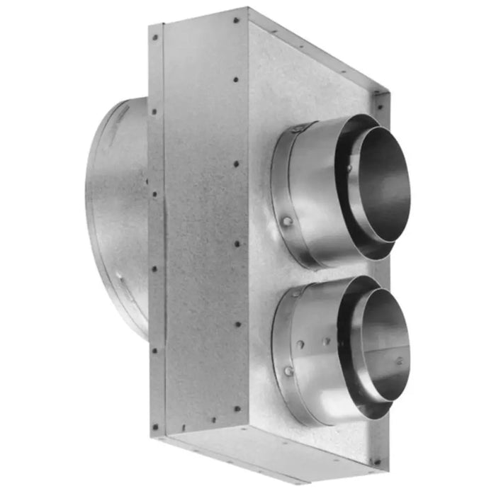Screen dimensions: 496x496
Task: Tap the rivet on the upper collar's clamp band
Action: coord(288,222)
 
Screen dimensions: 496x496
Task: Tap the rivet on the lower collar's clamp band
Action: coord(288,371)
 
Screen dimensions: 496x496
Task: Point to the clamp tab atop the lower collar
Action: coord(298,290)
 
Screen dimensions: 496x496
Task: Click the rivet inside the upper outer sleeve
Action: coord(349,167)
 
